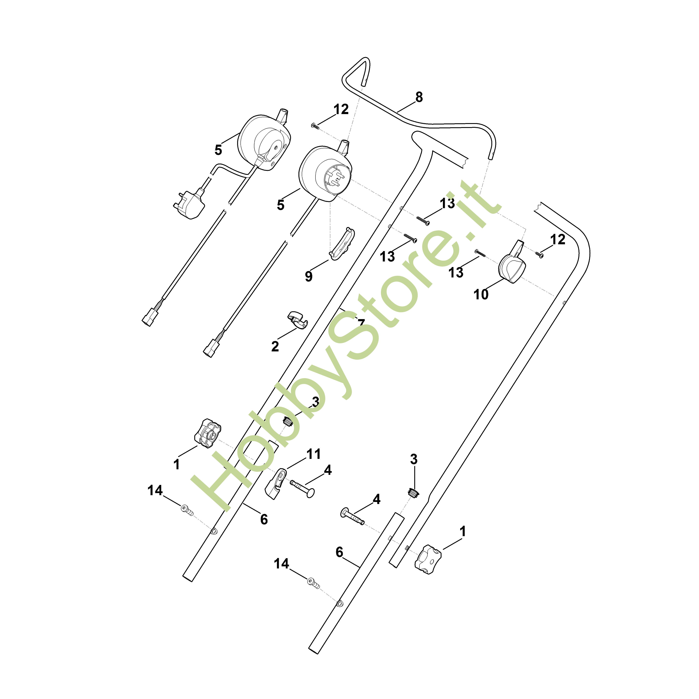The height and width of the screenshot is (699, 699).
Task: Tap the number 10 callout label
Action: [481, 294]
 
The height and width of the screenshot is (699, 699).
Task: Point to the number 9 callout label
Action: [308, 276]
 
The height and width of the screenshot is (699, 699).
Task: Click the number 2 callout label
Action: [275, 346]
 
